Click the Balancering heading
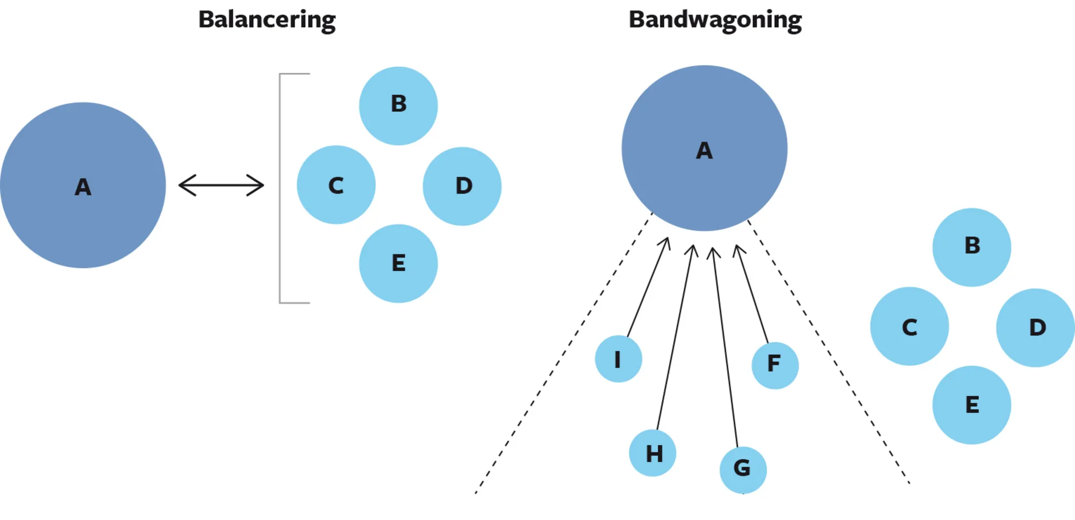(267, 20)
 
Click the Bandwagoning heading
(715, 20)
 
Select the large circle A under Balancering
(83, 186)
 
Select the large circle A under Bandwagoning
(704, 148)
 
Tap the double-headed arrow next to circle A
(221, 185)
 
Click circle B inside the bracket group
(398, 105)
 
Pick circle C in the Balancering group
(336, 185)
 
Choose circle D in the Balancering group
(462, 186)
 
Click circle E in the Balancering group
(398, 263)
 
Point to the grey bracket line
(280, 188)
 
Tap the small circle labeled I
(618, 359)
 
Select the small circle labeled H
(653, 453)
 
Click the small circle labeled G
(743, 469)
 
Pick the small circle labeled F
(775, 365)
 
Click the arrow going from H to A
(675, 339)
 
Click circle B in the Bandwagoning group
(971, 247)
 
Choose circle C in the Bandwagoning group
(909, 326)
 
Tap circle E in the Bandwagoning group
(971, 405)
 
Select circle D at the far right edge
(1035, 327)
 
